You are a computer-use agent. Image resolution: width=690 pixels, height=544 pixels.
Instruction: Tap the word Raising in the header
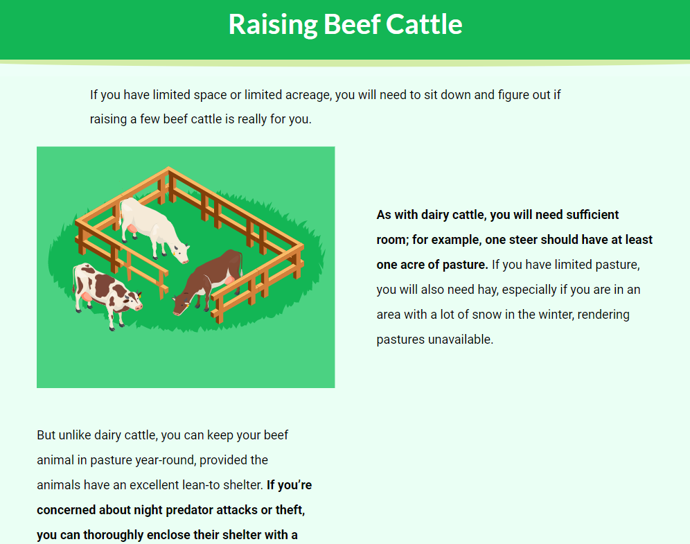pos(273,25)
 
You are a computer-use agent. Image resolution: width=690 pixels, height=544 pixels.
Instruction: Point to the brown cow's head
pos(182,304)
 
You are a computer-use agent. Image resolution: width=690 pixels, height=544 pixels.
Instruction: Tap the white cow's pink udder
pos(132,229)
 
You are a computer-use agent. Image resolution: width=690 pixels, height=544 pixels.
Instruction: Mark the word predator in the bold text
pos(189,510)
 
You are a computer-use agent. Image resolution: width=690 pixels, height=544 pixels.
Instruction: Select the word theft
pos(290,509)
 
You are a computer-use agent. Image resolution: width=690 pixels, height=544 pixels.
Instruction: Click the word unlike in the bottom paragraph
pos(75,435)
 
